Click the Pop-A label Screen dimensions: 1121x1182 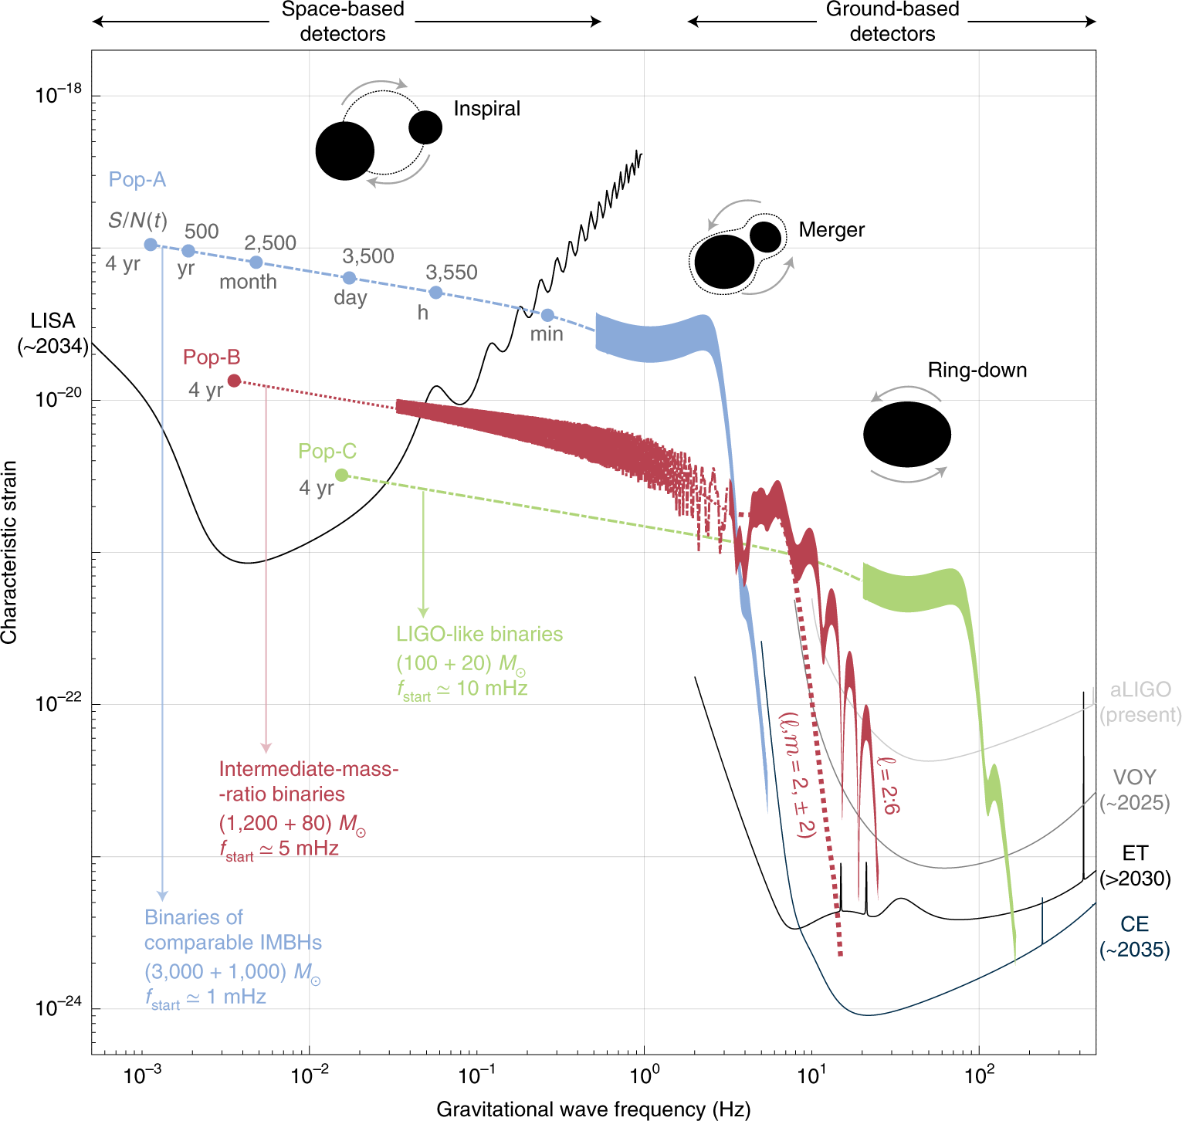click(137, 180)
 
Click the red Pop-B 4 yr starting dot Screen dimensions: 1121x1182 click(234, 381)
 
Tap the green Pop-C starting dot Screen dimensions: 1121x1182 click(342, 475)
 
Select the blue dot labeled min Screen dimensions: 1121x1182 click(547, 315)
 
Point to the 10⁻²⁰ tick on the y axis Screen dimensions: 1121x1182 click(59, 398)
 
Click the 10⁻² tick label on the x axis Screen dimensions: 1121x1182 click(309, 1074)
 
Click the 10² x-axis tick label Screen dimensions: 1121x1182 click(979, 1074)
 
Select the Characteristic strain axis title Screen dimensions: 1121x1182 click(9, 553)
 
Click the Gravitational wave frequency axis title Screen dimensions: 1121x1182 click(593, 1109)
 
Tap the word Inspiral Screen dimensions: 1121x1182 click(486, 109)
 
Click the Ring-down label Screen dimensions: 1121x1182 click(977, 371)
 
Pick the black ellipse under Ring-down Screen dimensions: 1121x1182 click(907, 435)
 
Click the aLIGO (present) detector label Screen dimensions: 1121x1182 click(1140, 702)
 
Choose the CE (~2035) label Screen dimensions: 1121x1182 click(1134, 936)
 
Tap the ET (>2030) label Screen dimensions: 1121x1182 click(1135, 865)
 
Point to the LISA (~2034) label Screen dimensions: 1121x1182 click(53, 334)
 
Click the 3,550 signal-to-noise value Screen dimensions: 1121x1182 click(452, 273)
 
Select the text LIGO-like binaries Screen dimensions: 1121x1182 click(479, 635)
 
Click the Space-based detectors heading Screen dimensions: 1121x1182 click(343, 22)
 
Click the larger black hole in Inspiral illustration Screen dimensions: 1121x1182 click(345, 151)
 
